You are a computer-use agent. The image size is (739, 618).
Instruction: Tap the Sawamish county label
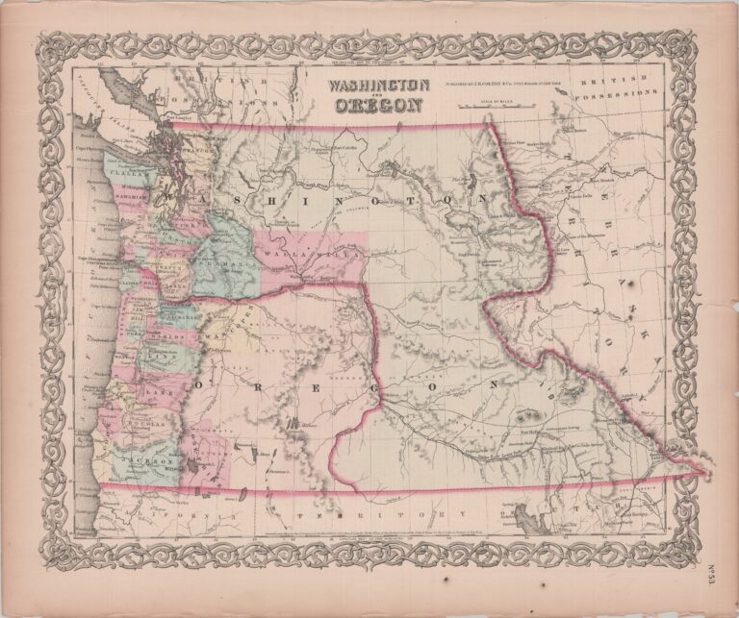coord(124,196)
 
